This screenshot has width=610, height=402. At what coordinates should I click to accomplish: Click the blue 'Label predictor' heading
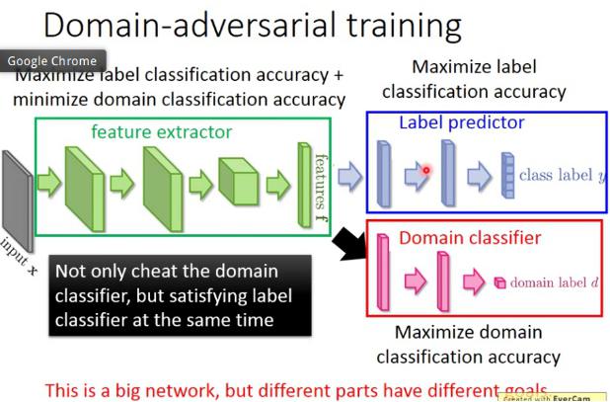[x=461, y=123]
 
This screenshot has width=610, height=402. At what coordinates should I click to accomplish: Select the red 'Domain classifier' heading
[x=456, y=238]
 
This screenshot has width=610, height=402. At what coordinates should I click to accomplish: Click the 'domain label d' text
[x=555, y=282]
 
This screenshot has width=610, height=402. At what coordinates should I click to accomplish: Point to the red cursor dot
[x=425, y=170]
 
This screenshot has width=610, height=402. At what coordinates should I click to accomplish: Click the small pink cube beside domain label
[x=499, y=282]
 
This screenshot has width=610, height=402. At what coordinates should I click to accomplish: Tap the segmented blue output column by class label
[x=507, y=176]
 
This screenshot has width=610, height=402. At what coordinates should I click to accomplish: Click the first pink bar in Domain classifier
[x=384, y=276]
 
